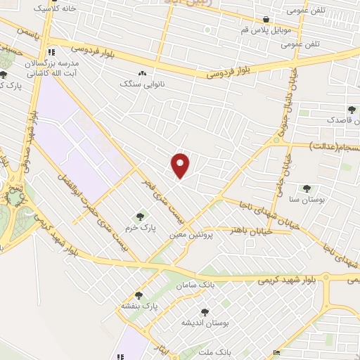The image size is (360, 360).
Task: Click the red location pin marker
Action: pyautogui.click(x=181, y=165)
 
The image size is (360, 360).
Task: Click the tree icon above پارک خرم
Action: pyautogui.click(x=139, y=216)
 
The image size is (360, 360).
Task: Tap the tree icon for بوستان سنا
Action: pyautogui.click(x=306, y=188)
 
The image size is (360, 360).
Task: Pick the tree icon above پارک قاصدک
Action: pyautogui.click(x=351, y=109)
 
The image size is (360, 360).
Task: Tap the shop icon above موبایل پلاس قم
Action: pyautogui.click(x=266, y=20)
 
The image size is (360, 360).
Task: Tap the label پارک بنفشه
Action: pyautogui.click(x=138, y=307)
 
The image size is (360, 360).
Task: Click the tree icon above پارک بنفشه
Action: pyautogui.click(x=138, y=295)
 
